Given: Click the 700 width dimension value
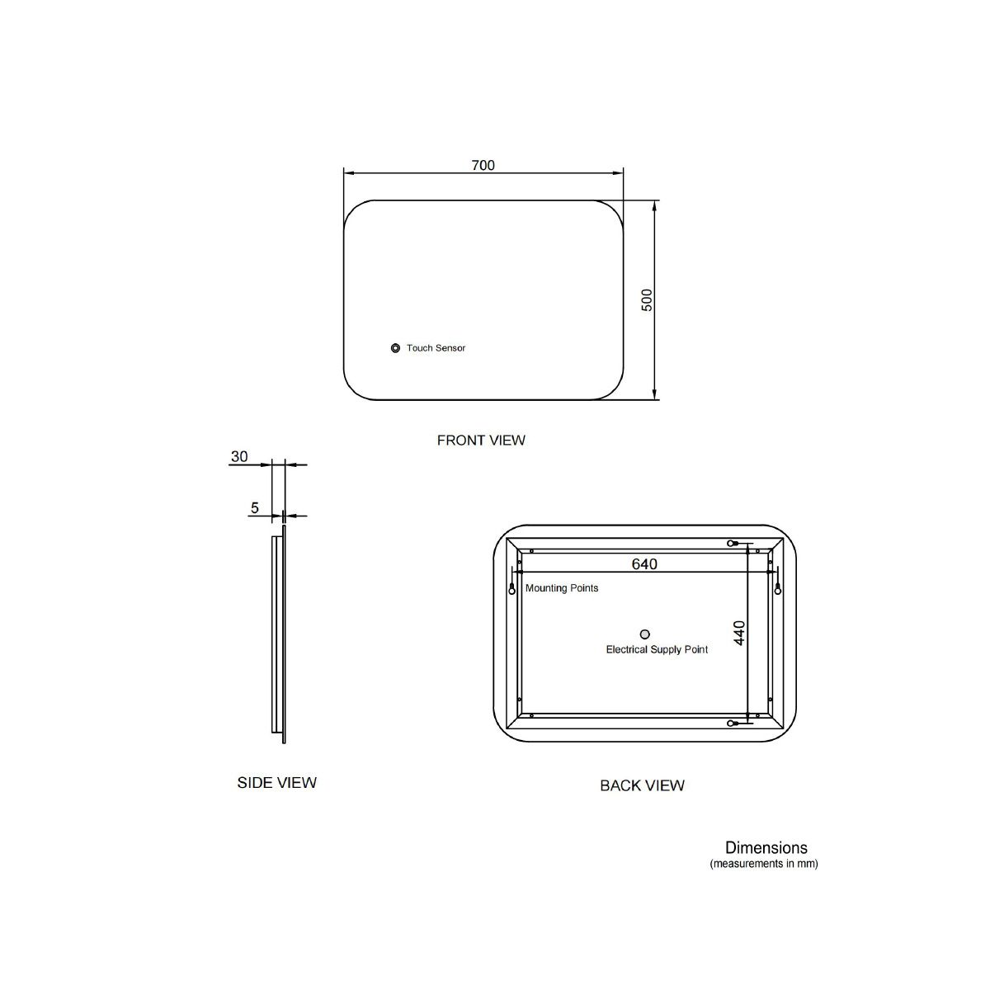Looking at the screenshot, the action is coord(483,165).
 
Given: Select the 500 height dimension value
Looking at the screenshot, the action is coord(647,300).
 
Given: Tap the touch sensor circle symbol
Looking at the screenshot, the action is coord(395,348).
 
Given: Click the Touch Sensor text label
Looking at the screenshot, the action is coord(436,348).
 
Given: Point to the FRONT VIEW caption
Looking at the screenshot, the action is coord(481,441).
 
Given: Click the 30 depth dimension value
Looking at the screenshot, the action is coord(239,457).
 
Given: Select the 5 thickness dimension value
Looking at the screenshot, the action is coord(255,508).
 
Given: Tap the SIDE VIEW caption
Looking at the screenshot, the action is coord(277,782).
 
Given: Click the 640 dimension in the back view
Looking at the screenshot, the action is coord(644,564).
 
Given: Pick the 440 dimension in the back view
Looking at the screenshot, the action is coord(738,633).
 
